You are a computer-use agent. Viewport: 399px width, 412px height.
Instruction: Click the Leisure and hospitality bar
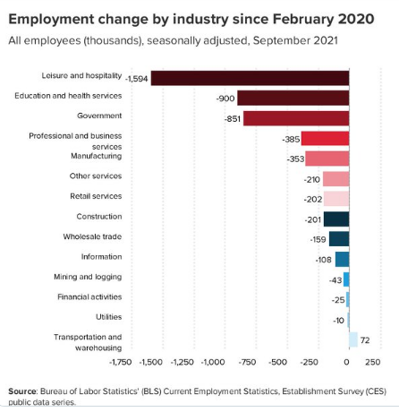250,78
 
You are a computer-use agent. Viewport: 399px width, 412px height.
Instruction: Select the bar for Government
296,118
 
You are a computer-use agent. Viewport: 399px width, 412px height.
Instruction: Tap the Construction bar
336,219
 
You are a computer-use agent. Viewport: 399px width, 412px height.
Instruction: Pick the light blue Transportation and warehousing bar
353,339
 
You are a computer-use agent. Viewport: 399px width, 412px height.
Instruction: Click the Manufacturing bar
327,159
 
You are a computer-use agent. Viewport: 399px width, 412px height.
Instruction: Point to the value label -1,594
137,79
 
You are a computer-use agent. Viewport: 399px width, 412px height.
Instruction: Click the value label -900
225,99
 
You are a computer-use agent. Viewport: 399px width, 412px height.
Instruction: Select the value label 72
365,340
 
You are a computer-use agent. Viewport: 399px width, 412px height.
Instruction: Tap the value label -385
291,139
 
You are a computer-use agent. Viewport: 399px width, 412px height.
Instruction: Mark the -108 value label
324,260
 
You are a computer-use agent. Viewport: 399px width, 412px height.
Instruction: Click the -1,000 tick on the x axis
213,362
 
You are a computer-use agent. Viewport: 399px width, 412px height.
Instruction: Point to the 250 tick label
373,362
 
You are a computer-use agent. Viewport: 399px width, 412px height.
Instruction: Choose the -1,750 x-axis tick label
121,362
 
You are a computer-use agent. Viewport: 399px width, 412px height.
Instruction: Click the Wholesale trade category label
92,236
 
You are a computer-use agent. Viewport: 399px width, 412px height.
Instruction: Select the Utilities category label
109,317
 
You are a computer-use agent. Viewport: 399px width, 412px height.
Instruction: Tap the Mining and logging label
88,277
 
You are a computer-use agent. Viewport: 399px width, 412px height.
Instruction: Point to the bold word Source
22,391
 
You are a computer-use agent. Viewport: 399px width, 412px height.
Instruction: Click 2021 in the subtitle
326,40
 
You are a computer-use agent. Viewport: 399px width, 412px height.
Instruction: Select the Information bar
343,259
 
